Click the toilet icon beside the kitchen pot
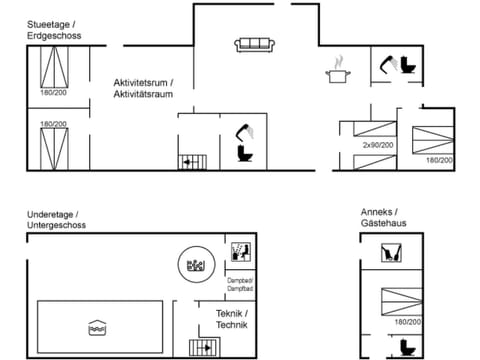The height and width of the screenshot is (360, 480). tap(408, 65)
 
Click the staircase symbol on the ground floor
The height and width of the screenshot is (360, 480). tap(190, 161)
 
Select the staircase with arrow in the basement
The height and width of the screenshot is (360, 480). tap(204, 347)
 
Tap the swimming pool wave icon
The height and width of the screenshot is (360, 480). tap(98, 325)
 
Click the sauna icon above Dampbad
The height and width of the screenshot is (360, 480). tap(240, 251)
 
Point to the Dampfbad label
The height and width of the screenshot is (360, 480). tap(239, 288)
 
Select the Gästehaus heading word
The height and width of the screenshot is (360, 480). tap(386, 226)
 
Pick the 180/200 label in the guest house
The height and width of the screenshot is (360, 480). tap(407, 322)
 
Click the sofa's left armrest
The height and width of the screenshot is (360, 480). tap(239, 45)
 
